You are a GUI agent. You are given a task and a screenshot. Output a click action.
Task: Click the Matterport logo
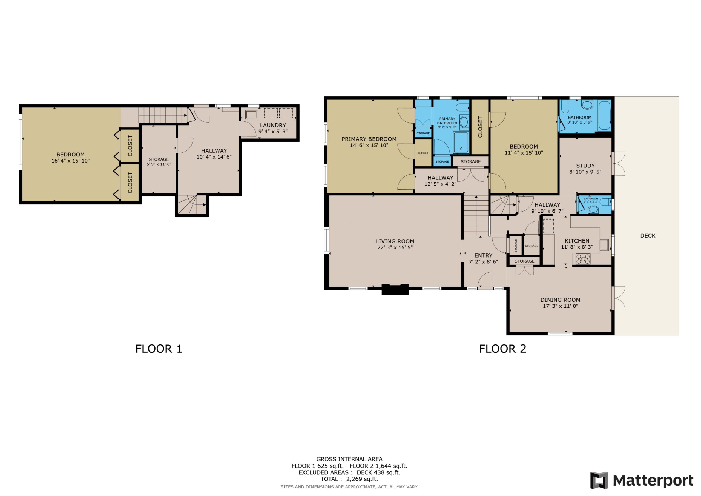(642, 481)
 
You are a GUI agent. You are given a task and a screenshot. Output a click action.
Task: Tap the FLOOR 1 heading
(159, 349)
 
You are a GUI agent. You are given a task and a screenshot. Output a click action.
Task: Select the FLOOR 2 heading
(502, 349)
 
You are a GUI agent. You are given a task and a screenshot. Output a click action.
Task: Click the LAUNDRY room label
(273, 125)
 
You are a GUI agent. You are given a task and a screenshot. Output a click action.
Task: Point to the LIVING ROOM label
(395, 241)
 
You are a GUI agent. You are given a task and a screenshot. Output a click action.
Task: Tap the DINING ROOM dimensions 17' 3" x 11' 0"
(561, 306)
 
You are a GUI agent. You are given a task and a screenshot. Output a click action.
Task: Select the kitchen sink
(604, 245)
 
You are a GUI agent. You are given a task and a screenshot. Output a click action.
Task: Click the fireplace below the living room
(395, 289)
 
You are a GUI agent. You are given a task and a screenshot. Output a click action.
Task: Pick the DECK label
(648, 236)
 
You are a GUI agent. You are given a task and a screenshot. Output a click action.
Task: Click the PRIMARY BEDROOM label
(369, 139)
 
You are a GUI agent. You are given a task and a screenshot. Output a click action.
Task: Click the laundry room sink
(251, 115)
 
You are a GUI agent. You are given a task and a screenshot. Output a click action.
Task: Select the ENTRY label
(483, 255)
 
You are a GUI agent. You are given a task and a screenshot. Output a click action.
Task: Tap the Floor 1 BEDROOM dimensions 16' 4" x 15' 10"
(71, 161)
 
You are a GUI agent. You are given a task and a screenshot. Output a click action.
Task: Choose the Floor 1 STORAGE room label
(159, 159)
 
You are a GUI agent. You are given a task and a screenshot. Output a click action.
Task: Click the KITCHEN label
(577, 241)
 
